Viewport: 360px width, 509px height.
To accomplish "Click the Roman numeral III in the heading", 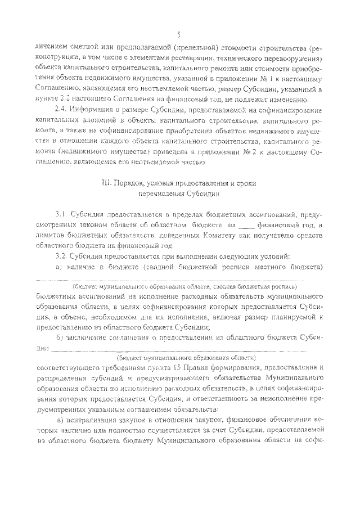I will pos(103,183).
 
